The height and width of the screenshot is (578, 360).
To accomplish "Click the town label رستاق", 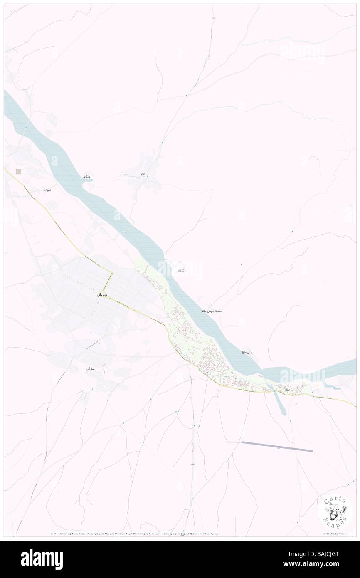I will (102, 295).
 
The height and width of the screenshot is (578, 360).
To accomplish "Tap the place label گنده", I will (143, 173).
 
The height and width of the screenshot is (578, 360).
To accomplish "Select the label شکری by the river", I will (86, 177).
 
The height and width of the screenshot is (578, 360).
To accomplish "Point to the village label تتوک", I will (48, 190).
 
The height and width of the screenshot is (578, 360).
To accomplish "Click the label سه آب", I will (91, 369).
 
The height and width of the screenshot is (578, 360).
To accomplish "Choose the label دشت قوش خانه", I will (211, 311).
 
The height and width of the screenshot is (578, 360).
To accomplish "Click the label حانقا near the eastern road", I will (286, 389).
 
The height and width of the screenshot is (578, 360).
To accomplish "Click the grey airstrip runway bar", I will (277, 447).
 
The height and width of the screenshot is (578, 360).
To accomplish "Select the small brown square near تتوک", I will (18, 171).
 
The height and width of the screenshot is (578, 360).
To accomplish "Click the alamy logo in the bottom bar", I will (42, 559).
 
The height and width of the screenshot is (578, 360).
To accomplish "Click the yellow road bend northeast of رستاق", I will (112, 273).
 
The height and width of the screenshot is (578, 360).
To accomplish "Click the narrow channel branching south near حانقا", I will (279, 401).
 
